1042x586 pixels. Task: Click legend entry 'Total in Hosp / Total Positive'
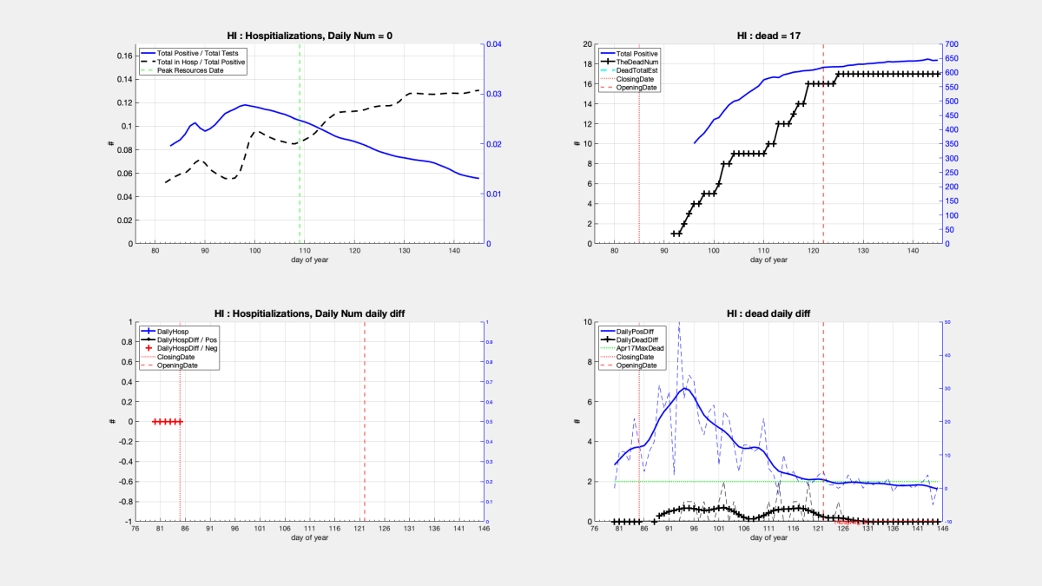(x=201, y=62)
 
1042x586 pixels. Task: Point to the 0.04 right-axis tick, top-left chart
(x=493, y=44)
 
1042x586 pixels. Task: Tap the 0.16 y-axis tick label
(x=122, y=56)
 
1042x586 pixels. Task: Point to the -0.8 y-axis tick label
(x=120, y=502)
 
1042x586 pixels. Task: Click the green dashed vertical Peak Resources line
(x=300, y=174)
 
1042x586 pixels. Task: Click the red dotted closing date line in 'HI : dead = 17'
(x=639, y=174)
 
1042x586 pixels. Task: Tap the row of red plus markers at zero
(x=167, y=422)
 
